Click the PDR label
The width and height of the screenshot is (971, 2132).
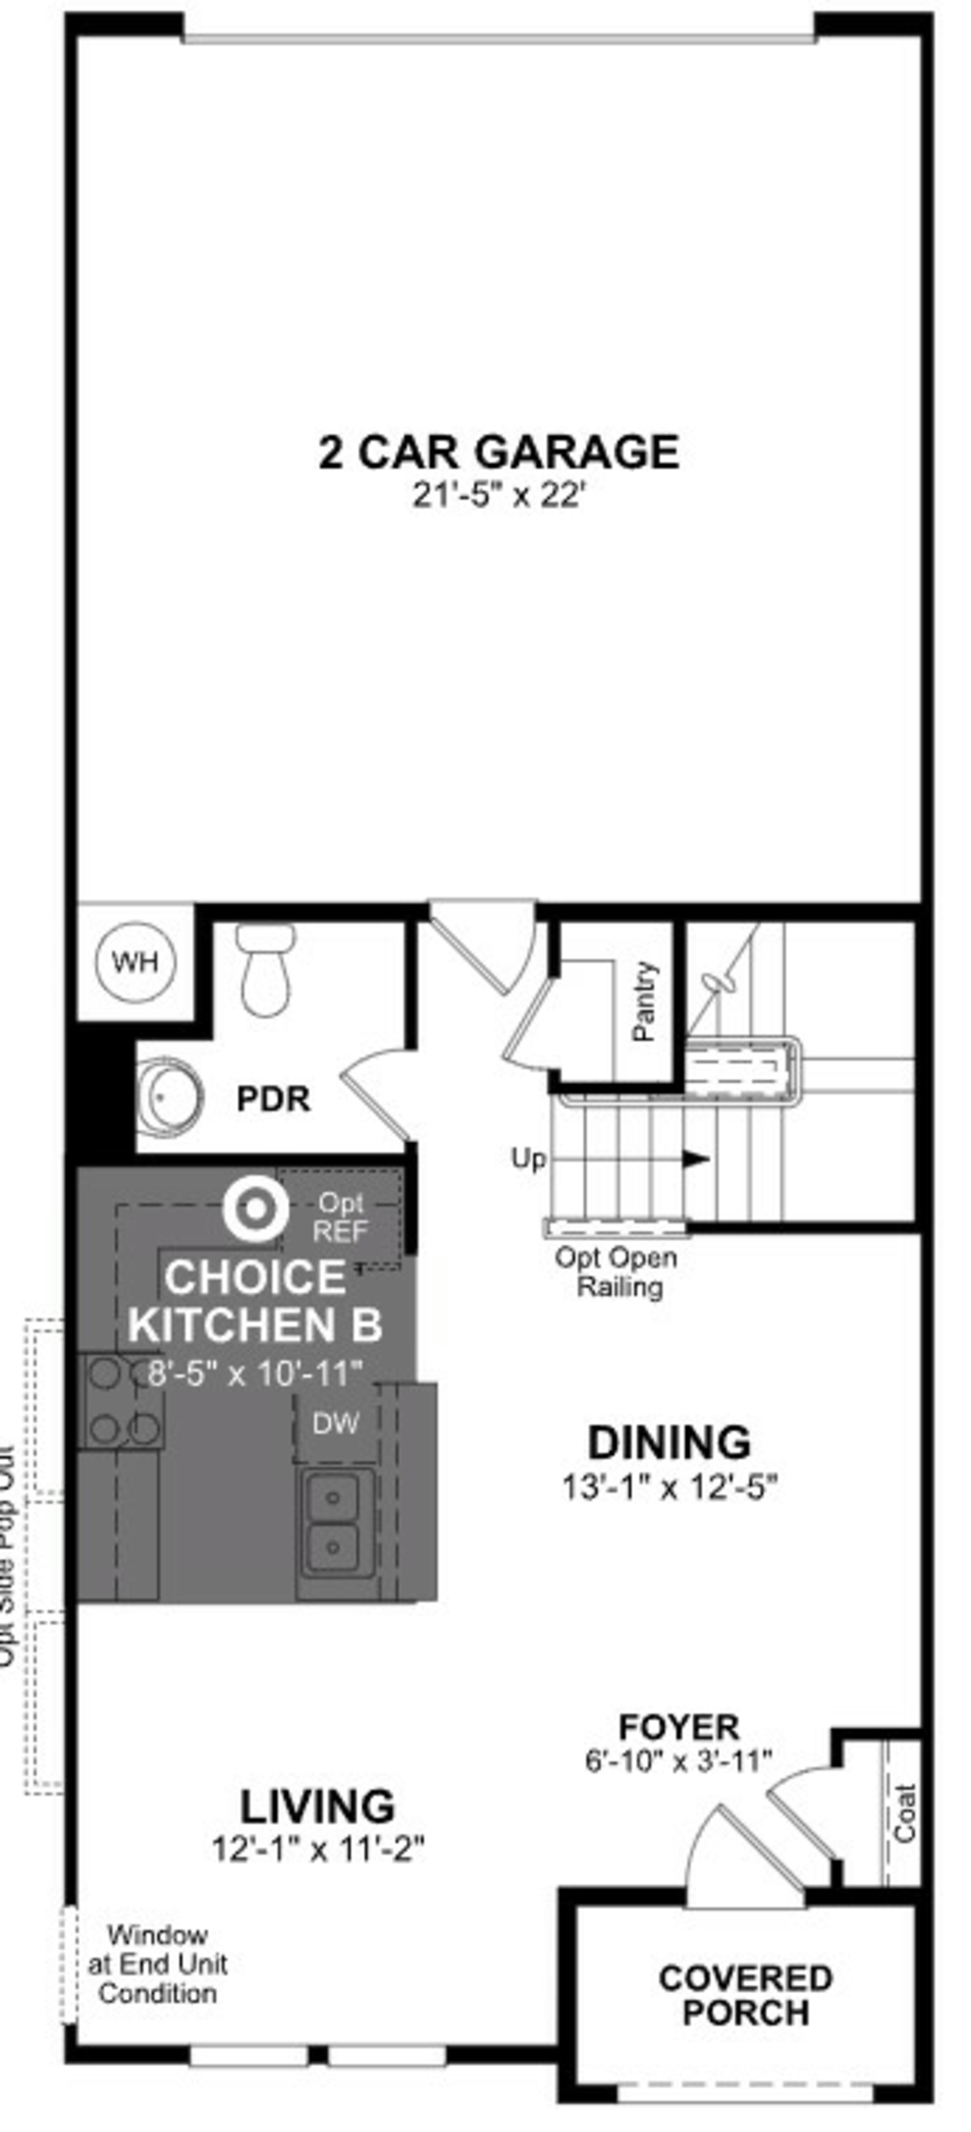(273, 1099)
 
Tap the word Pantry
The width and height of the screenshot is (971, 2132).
(644, 1002)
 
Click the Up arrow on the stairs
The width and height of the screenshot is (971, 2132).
(695, 1159)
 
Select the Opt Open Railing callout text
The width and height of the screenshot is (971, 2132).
(617, 1272)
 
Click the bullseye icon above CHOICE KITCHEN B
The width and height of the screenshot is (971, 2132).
(255, 1209)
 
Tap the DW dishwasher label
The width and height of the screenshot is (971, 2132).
(335, 1423)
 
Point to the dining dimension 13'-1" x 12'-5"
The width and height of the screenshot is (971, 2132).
(669, 1487)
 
